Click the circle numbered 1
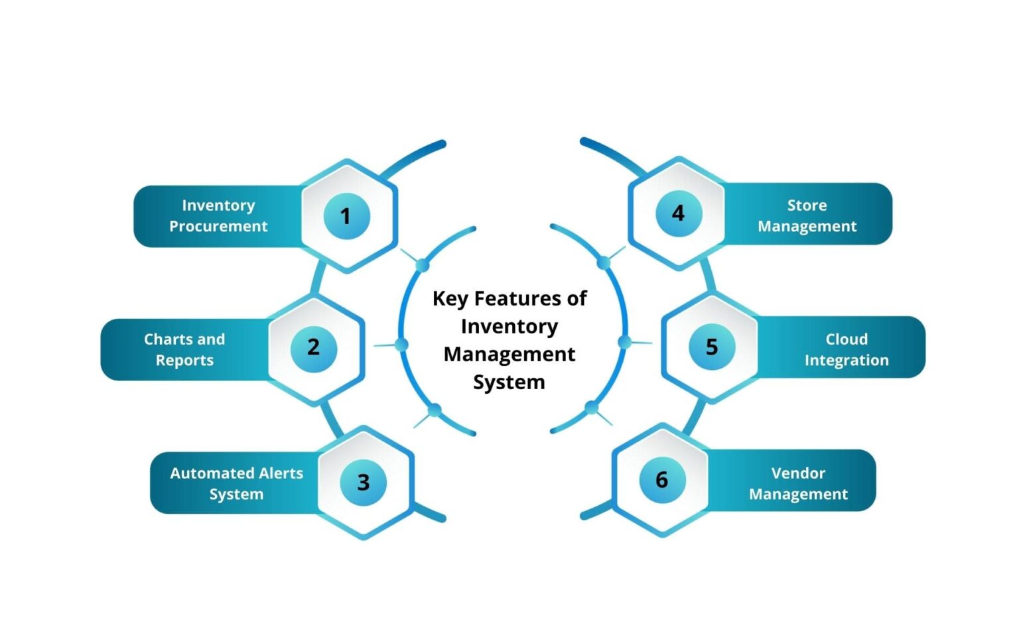[x=346, y=216]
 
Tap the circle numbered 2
[x=314, y=347]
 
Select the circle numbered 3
[x=363, y=482]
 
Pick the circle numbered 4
[x=678, y=213]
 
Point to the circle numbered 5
[x=711, y=347]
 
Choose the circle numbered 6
[x=661, y=480]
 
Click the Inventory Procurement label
[x=218, y=216]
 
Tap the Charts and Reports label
[x=184, y=349]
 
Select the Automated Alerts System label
[x=236, y=483]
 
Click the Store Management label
[x=807, y=215]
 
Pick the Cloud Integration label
[x=847, y=349]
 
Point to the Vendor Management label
[x=798, y=483]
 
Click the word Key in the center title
[x=450, y=299]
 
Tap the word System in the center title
[x=509, y=382]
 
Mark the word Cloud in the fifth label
[x=847, y=339]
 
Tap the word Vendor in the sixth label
[x=798, y=473]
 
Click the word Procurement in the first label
[x=218, y=227]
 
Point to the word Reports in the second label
[x=184, y=361]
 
